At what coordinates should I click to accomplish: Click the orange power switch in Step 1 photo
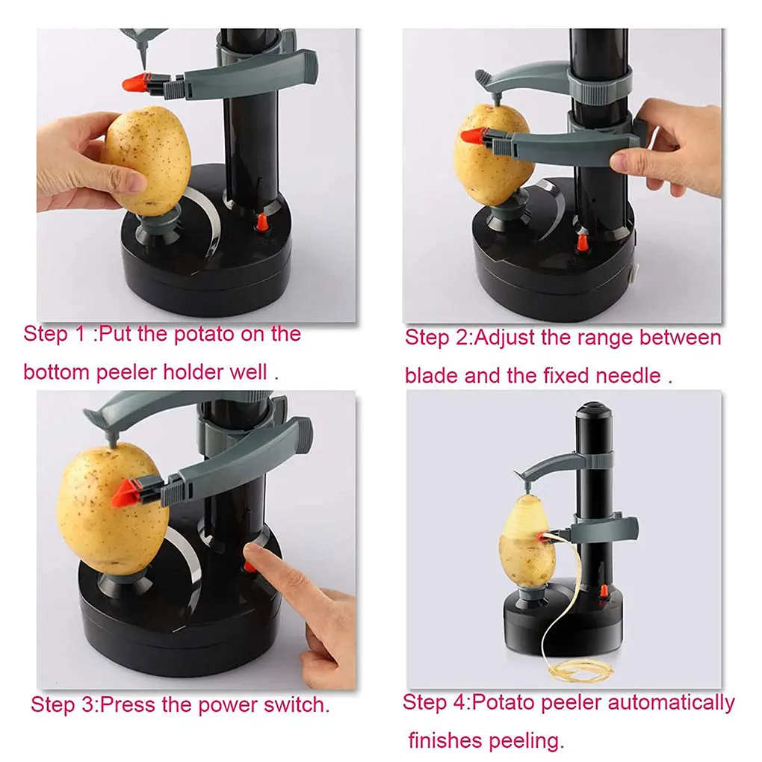pyautogui.click(x=262, y=223)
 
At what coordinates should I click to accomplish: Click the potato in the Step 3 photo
pyautogui.click(x=105, y=508)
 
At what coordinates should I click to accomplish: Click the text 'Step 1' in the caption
pyautogui.click(x=57, y=333)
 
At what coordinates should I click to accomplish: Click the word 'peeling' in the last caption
pyautogui.click(x=521, y=741)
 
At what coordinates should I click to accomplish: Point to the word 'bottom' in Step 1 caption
pyautogui.click(x=57, y=371)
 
